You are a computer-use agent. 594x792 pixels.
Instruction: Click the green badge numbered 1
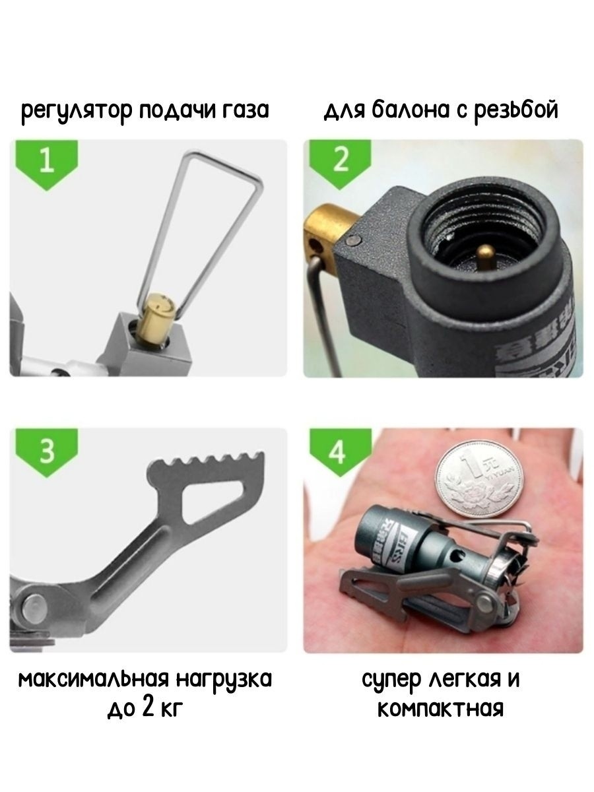click(x=46, y=162)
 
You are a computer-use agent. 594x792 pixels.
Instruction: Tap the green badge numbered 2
click(x=340, y=162)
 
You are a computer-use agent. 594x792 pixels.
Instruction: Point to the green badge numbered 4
click(x=337, y=453)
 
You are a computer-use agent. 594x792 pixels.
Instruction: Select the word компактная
click(x=440, y=709)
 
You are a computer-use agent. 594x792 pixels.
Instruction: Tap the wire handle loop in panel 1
click(x=198, y=218)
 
